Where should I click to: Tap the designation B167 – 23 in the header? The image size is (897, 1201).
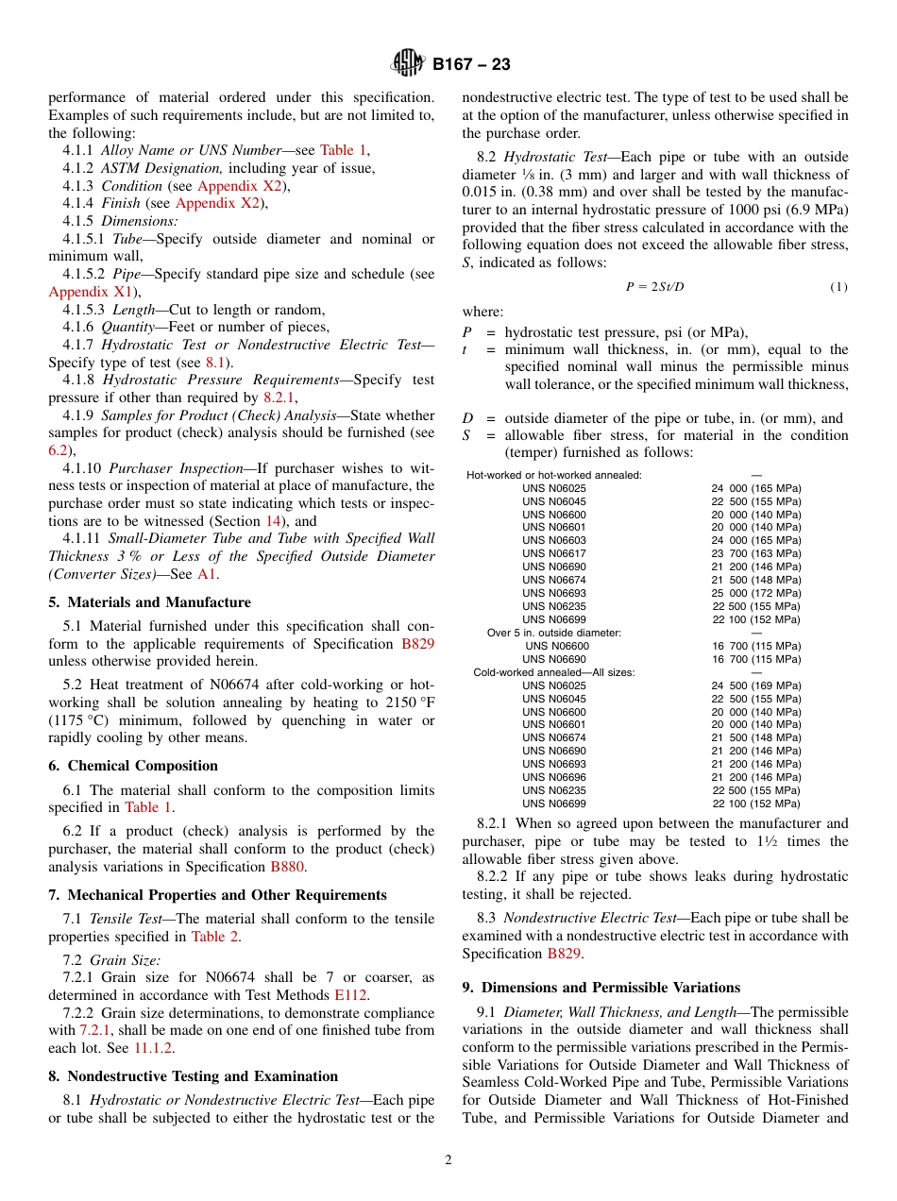pos(471,64)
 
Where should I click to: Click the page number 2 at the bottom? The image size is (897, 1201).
pos(448,1160)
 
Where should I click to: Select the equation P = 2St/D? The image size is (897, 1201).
pos(654,287)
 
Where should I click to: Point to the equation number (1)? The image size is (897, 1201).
pos(838,287)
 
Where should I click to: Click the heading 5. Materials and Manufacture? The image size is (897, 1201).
pos(149,602)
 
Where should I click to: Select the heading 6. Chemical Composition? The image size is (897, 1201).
pos(133,766)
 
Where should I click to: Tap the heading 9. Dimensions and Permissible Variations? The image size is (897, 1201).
pos(601,988)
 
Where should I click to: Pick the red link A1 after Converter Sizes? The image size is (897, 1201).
pos(207,574)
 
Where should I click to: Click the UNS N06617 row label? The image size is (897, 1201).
pos(554,553)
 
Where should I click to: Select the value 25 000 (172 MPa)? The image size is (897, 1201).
pos(755,593)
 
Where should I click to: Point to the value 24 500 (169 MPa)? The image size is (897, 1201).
pos(755,685)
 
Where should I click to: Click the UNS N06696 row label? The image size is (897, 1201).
pos(554,777)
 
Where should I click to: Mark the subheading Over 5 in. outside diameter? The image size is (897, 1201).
pos(554,633)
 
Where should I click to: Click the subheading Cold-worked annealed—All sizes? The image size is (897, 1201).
pos(554,672)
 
